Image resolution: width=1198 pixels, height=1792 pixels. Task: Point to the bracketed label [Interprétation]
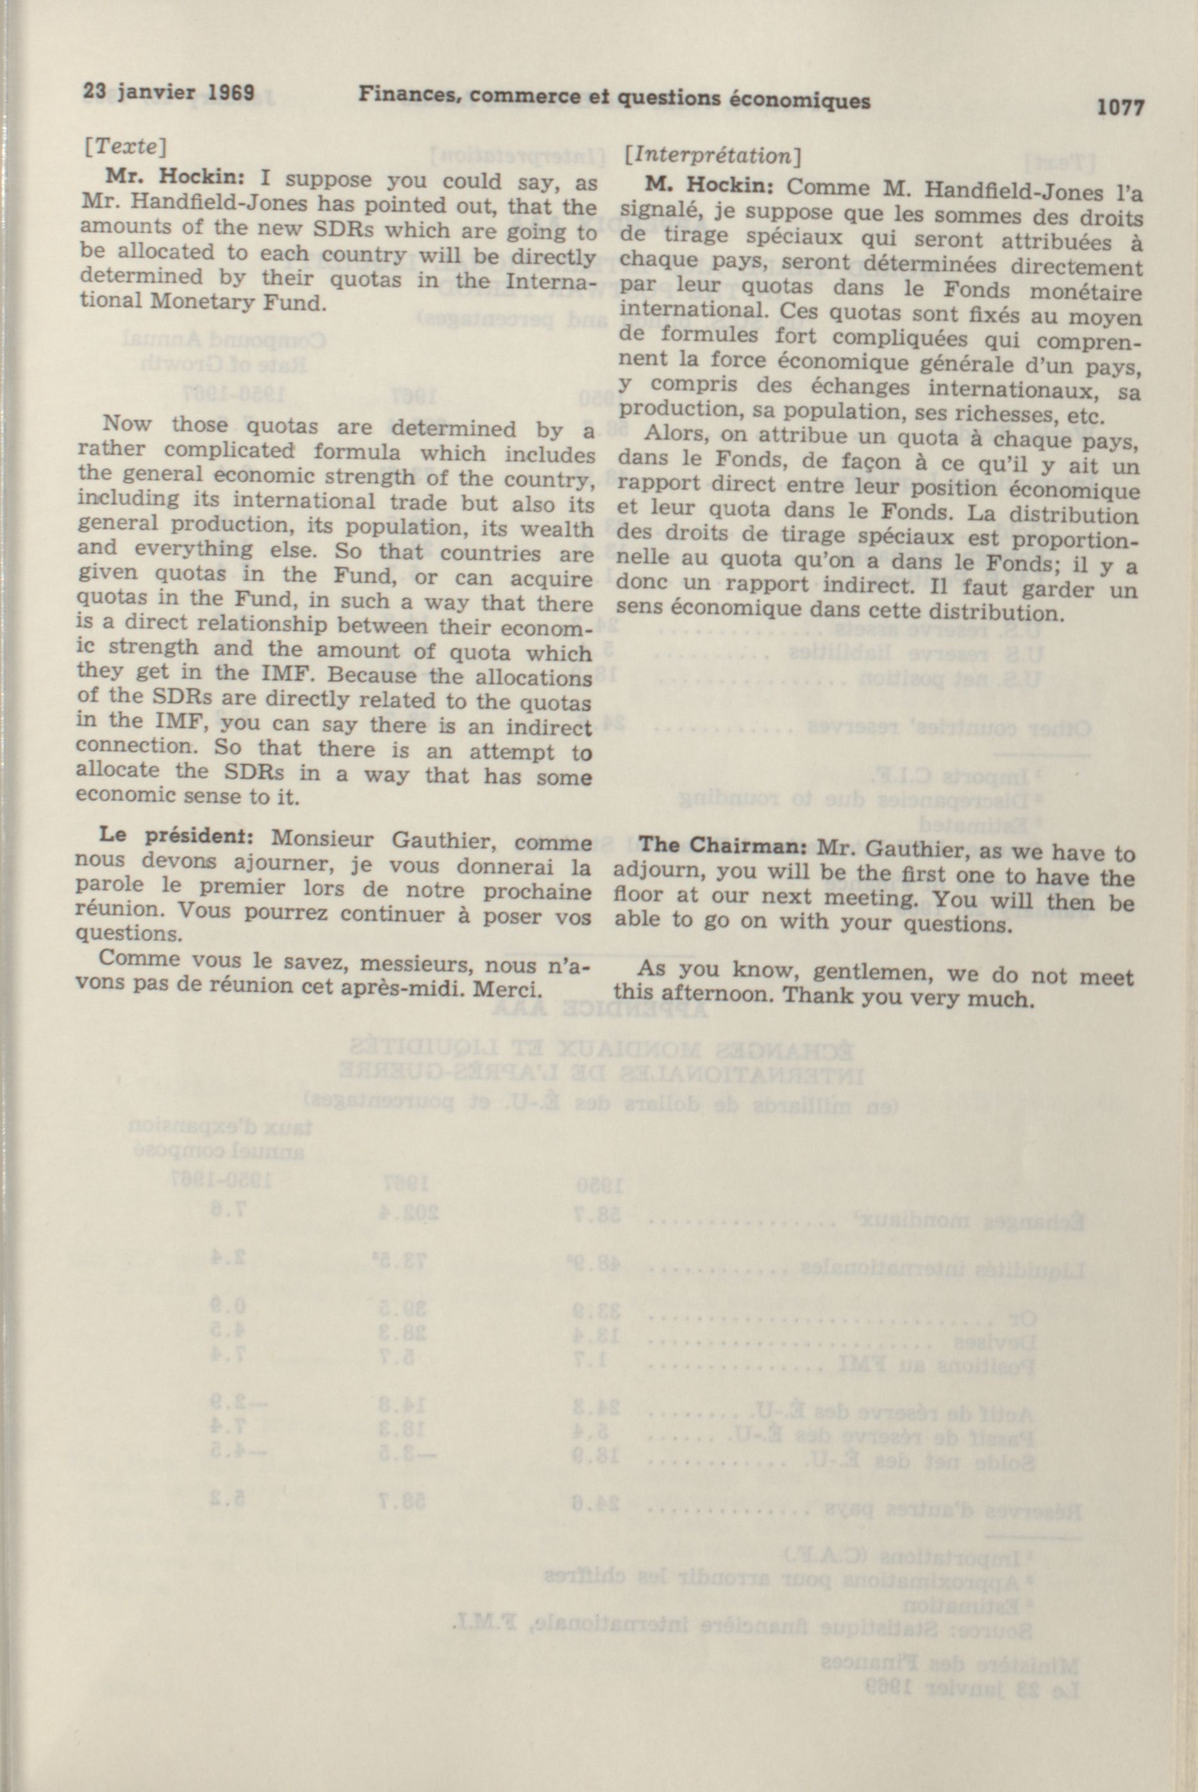(x=711, y=156)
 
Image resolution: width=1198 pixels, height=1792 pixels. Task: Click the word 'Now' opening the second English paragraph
(x=127, y=424)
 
